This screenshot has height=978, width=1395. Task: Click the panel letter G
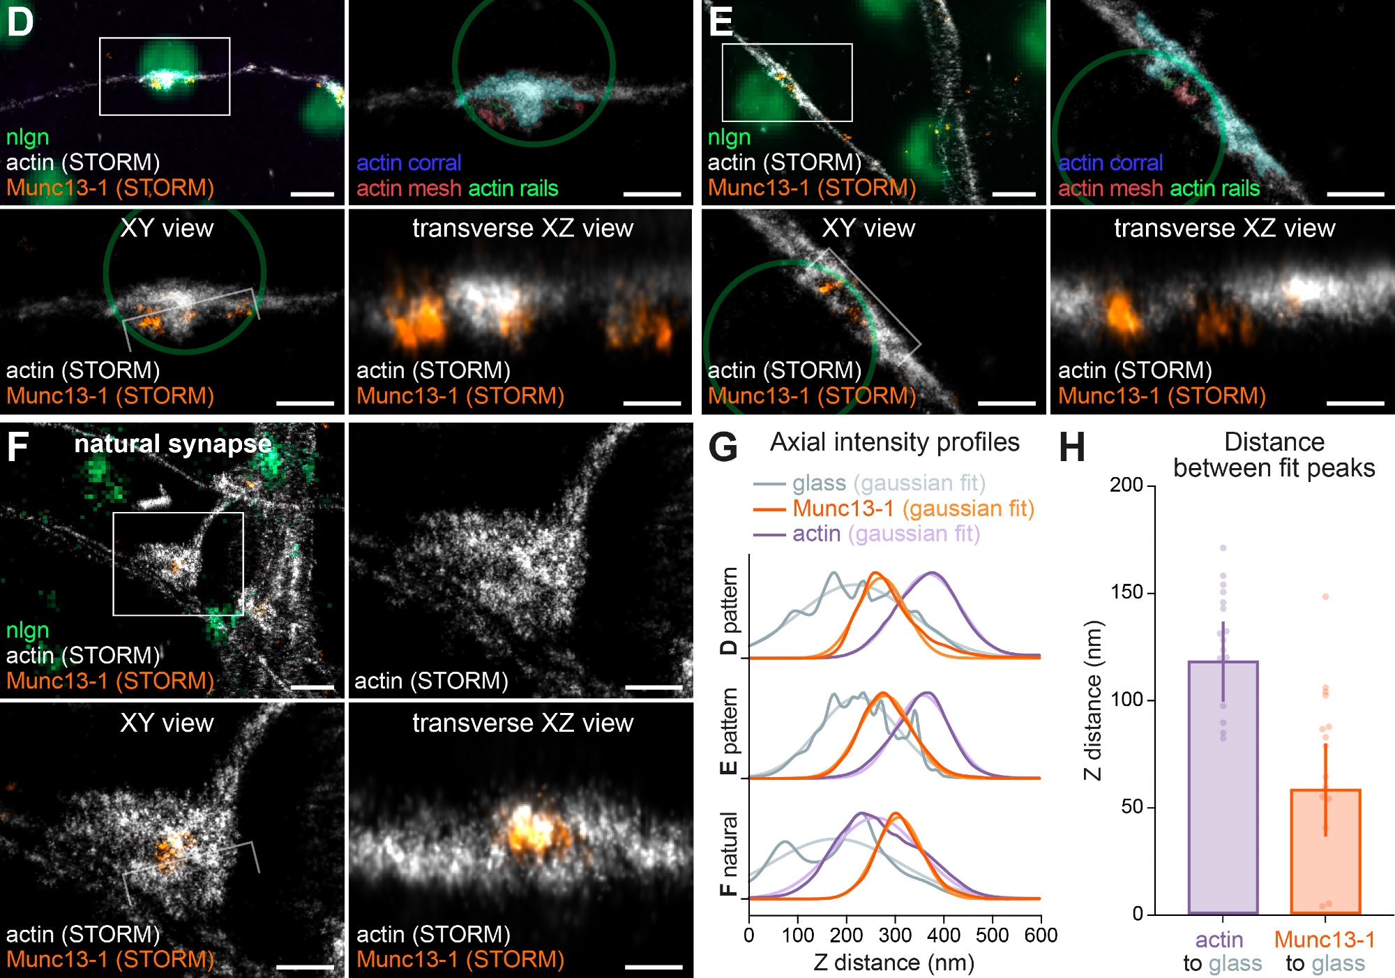click(x=723, y=446)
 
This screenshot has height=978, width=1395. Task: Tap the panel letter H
click(x=1072, y=446)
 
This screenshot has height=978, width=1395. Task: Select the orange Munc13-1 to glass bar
click(x=1325, y=851)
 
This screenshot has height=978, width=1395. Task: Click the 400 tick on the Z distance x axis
click(x=944, y=935)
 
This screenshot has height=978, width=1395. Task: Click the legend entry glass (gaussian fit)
click(x=869, y=483)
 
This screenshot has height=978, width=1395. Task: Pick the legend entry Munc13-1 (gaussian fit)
click(x=893, y=509)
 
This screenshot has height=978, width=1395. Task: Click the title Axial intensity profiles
click(x=894, y=442)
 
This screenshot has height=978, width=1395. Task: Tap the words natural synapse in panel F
click(x=173, y=444)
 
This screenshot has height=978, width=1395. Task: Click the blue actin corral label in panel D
click(x=409, y=163)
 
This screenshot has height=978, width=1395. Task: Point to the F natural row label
click(x=728, y=854)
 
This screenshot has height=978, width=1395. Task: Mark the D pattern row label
click(x=728, y=611)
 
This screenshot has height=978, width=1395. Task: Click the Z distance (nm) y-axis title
click(x=1093, y=700)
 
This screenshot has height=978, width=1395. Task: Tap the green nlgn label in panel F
click(x=28, y=630)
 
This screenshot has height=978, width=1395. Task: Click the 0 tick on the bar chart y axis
click(x=1138, y=914)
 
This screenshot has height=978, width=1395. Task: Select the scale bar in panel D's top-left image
click(x=312, y=194)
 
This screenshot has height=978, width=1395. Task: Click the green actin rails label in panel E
click(x=1214, y=188)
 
